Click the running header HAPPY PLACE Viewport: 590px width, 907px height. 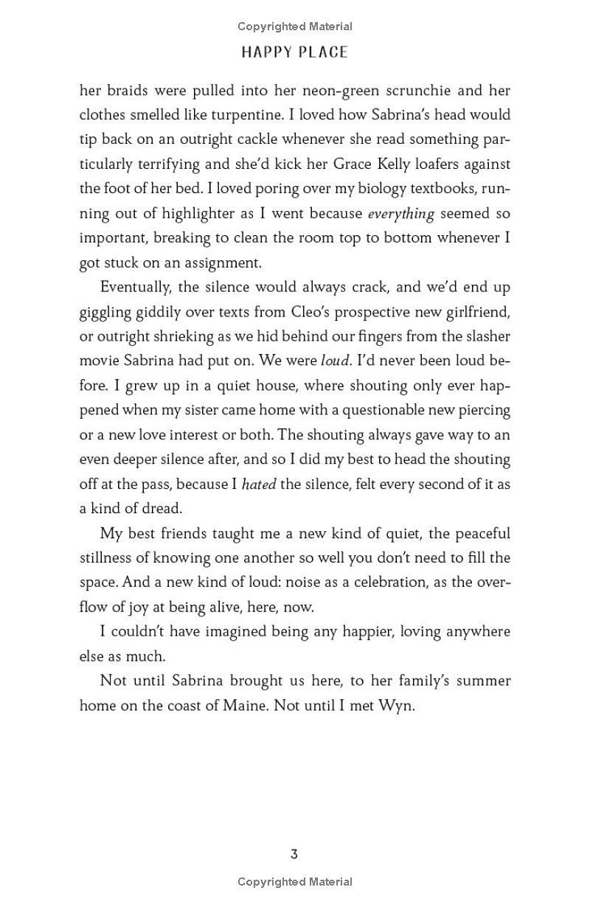click(294, 52)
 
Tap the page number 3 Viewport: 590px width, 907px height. click(294, 855)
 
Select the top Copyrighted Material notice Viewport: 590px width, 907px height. click(294, 27)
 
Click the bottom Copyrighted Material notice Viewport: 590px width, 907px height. click(294, 881)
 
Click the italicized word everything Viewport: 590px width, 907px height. click(400, 214)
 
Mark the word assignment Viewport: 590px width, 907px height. click(221, 263)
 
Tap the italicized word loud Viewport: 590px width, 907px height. click(333, 361)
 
